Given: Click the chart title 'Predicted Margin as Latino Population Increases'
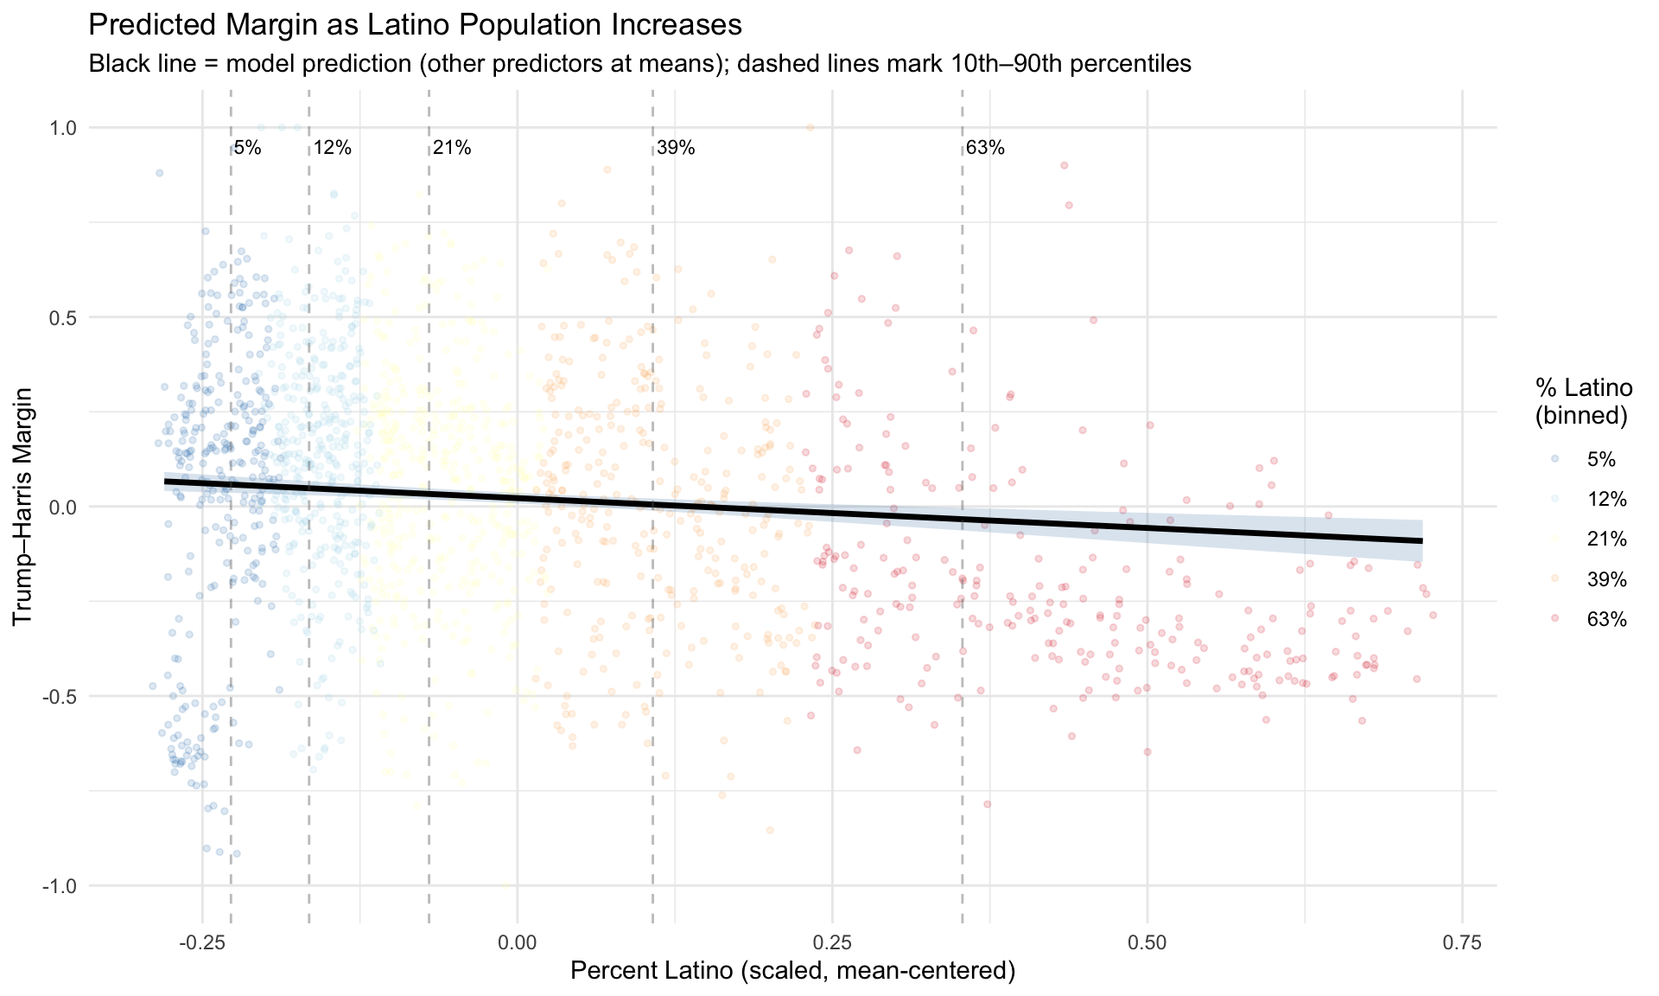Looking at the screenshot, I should (x=415, y=25).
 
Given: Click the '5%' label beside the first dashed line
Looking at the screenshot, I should (x=247, y=148).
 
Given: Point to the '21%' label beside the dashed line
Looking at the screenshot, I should (x=452, y=148).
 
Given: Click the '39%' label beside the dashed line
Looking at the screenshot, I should (x=676, y=148).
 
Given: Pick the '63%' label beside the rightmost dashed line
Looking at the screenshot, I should (x=985, y=148).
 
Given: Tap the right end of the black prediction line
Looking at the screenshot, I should (x=1421, y=540).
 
